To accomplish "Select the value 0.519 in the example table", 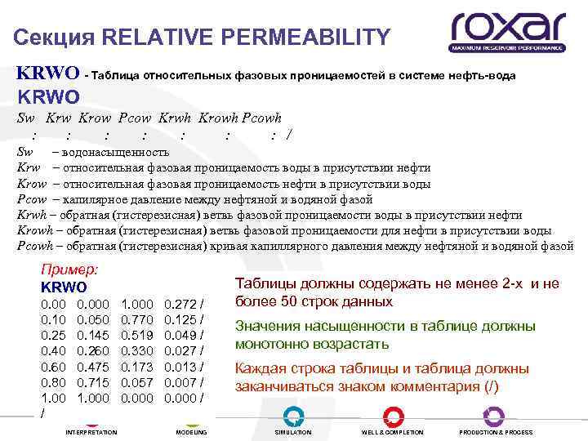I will (x=136, y=335).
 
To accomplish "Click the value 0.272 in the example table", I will (x=180, y=303).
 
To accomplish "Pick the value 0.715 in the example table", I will (x=92, y=382).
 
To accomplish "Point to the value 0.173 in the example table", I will (x=136, y=367).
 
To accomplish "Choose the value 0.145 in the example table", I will (x=92, y=335).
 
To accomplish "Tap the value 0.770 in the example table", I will (x=136, y=319).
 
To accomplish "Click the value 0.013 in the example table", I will (x=180, y=367).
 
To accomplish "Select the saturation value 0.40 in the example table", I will (x=53, y=351).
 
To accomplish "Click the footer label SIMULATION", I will (x=293, y=432).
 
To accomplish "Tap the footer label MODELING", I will (x=191, y=432).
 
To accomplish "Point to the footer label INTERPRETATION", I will (x=91, y=432).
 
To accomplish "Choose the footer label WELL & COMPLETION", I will (x=392, y=432).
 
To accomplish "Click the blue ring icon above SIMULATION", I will (x=293, y=414).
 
